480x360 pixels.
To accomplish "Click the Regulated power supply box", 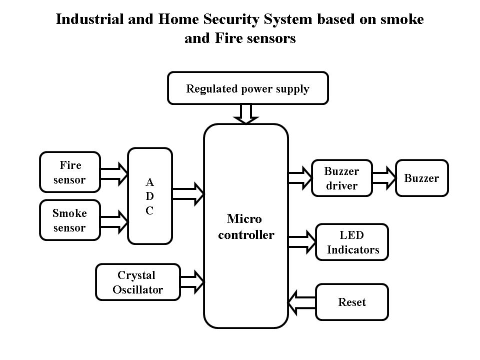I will [247, 88].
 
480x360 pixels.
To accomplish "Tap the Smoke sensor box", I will [69, 220].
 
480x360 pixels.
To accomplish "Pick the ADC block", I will [150, 196].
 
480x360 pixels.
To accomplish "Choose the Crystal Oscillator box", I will [137, 282].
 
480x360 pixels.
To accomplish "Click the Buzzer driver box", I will [342, 178].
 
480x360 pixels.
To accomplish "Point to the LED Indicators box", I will [352, 242].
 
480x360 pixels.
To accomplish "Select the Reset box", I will [352, 302].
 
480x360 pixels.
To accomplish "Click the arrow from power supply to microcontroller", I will [245, 114].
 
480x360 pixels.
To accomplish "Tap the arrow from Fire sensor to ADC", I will [114, 172].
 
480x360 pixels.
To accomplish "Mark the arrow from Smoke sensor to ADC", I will [114, 220].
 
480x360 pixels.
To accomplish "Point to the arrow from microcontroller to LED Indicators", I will [301, 241].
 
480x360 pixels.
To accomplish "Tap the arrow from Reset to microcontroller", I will [301, 302].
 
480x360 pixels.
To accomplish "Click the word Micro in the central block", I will [244, 219].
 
